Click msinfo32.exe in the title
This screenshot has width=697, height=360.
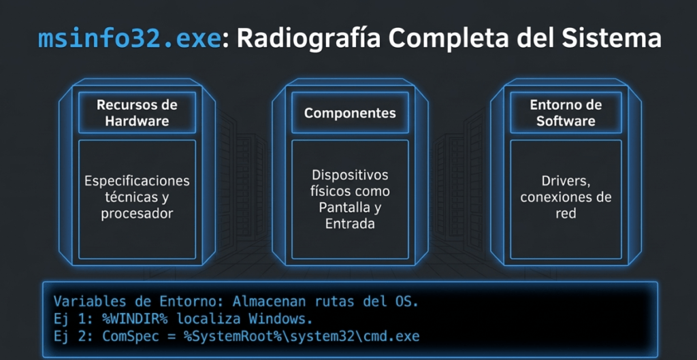129,39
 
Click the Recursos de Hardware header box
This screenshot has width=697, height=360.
137,112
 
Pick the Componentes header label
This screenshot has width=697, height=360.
350,113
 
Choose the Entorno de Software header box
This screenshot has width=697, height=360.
566,112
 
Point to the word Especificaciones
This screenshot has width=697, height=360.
137,181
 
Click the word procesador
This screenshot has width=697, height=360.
137,214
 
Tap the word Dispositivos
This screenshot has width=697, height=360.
350,175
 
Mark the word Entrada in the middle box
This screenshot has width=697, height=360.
350,224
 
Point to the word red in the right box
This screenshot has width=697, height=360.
566,213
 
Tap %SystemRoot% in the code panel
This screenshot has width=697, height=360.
233,336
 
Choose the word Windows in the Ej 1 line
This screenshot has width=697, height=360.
278,318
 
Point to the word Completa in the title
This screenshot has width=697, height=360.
444,39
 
